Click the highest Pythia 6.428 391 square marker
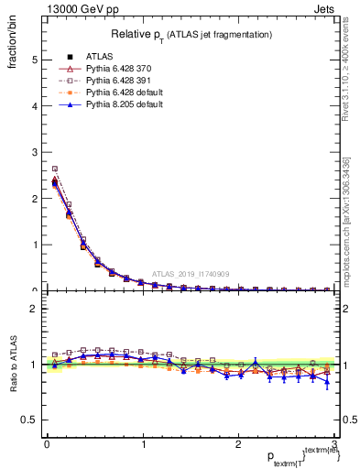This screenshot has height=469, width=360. (x=55, y=169)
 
